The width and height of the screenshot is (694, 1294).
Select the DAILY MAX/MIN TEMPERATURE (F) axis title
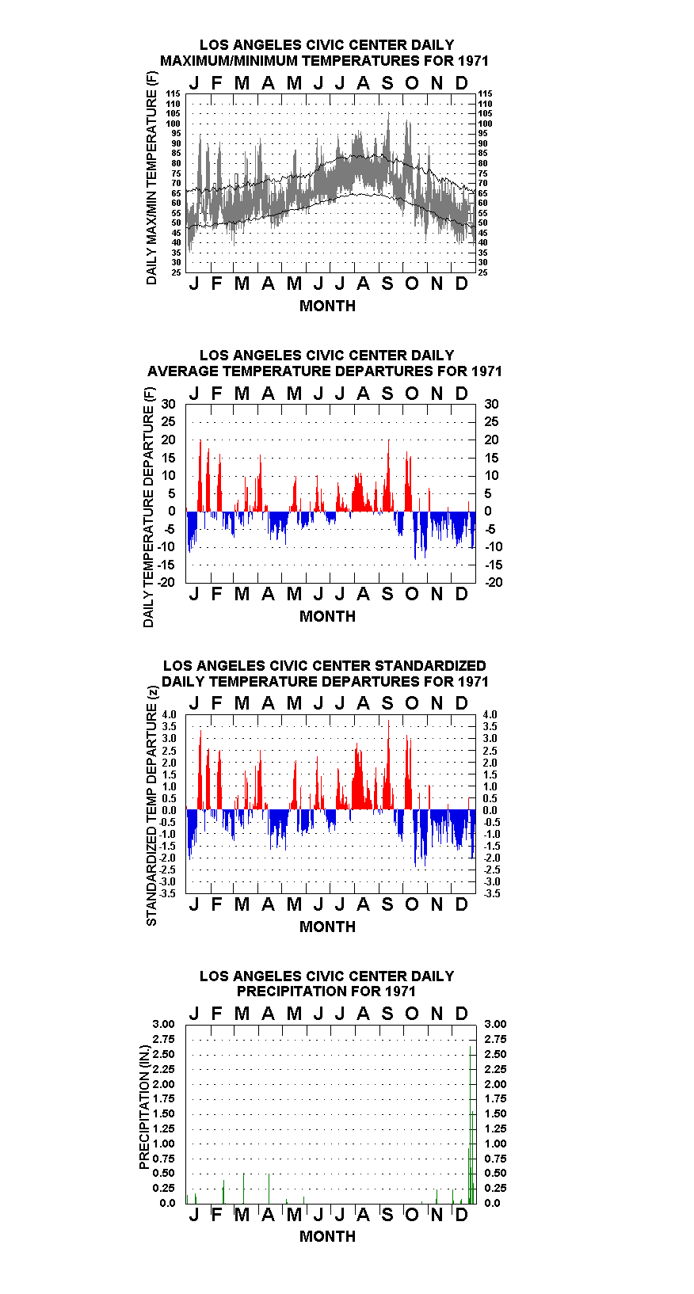[151, 178]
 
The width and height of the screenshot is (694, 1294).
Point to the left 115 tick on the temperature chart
[173, 93]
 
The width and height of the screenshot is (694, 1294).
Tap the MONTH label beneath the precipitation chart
[327, 1235]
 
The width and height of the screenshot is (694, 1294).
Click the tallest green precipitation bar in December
[470, 1125]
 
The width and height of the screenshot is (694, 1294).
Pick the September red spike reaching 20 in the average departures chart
[389, 475]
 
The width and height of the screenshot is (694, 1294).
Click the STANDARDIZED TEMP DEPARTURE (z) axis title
[151, 806]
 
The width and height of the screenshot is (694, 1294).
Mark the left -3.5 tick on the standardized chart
[168, 893]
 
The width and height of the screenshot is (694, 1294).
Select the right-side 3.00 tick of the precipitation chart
[495, 1024]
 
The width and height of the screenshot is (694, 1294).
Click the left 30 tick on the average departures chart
[168, 404]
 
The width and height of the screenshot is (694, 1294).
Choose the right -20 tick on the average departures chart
[494, 582]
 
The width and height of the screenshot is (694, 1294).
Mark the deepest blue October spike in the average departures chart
[415, 535]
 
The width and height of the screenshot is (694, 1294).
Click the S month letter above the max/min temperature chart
[387, 83]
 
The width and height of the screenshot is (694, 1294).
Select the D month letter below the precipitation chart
[461, 1215]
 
